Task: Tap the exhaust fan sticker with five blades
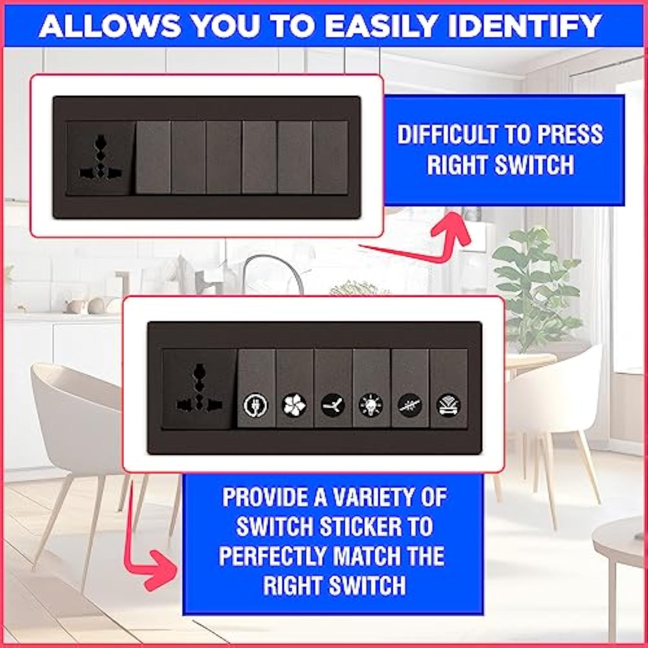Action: tap(294, 405)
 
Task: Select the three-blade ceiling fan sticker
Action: tap(333, 405)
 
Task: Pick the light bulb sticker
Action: tap(371, 405)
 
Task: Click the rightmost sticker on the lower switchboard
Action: tap(448, 405)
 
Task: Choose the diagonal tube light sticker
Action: tap(410, 405)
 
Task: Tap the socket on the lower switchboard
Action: tap(197, 389)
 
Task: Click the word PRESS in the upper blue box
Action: tap(570, 134)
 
